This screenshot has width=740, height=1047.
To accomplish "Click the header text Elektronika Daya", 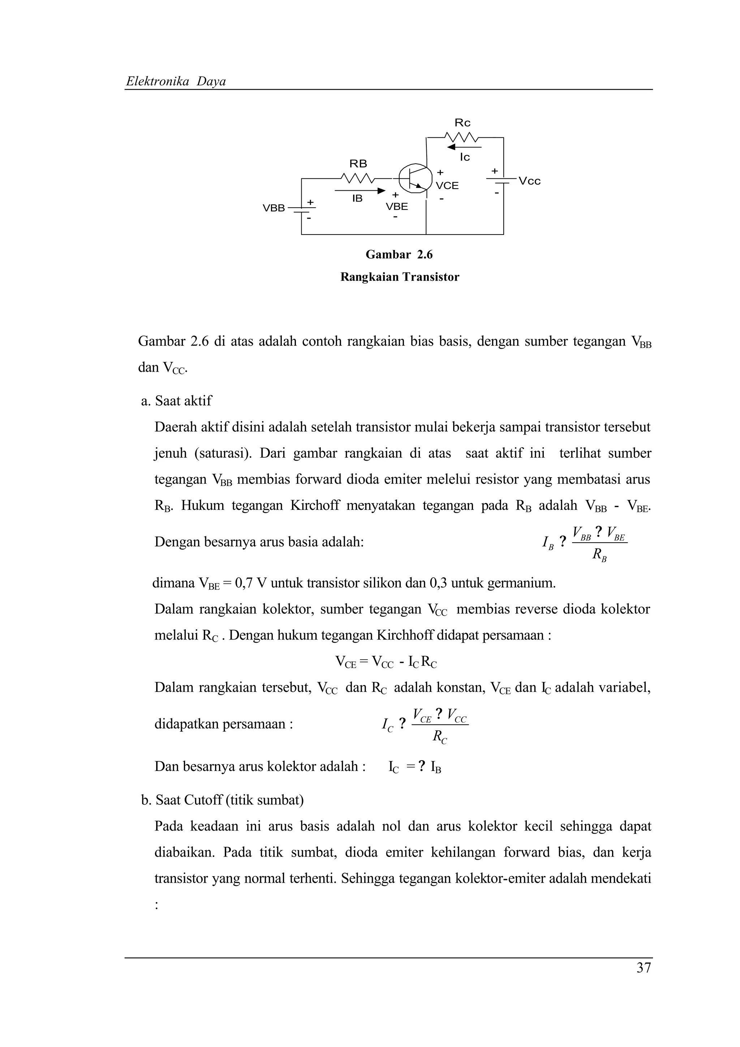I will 176,82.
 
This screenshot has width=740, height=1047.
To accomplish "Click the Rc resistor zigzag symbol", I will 461,137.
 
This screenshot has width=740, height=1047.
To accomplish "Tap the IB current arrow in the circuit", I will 360,191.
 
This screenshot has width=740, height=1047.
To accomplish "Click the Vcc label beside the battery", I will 530,181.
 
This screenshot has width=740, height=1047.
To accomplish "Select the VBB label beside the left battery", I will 274,208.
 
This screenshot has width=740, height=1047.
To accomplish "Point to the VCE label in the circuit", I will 447,186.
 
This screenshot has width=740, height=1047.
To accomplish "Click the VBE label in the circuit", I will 397,207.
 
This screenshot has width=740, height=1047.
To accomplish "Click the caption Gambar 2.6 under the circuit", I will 399,254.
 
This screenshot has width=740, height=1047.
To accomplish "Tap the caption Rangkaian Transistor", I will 399,277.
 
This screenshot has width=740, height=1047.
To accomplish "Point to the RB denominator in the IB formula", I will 599,555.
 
